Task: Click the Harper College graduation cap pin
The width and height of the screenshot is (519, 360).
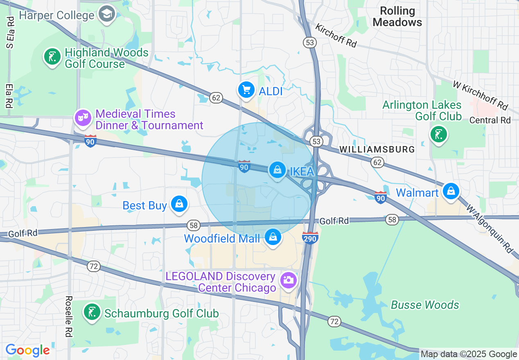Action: (x=107, y=14)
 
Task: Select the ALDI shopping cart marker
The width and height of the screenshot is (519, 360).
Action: (x=246, y=90)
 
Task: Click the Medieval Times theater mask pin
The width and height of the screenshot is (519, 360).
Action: (x=83, y=118)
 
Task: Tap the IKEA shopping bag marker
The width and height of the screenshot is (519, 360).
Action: (x=278, y=170)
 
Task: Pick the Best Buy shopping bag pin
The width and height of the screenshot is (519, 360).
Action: (x=179, y=204)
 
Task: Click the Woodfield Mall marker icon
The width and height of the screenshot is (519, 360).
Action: (x=273, y=237)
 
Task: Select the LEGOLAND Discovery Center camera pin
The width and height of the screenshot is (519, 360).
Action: (x=289, y=280)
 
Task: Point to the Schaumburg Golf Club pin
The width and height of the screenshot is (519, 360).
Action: (x=92, y=312)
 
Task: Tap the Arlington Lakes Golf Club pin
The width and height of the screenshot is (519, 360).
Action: (x=439, y=134)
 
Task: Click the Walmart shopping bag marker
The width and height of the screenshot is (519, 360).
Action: (x=451, y=191)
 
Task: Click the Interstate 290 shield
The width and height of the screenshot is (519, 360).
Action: (x=310, y=238)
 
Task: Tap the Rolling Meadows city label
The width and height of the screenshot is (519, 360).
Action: (x=397, y=16)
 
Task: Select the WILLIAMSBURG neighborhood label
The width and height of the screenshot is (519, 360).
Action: (x=377, y=149)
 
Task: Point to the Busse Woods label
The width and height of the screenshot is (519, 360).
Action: (x=425, y=305)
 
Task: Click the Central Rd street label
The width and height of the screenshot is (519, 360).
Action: (x=490, y=120)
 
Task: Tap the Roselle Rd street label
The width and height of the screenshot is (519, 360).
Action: (x=68, y=316)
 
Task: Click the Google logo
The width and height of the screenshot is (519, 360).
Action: (x=27, y=351)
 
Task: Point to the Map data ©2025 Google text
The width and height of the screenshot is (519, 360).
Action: (x=469, y=354)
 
